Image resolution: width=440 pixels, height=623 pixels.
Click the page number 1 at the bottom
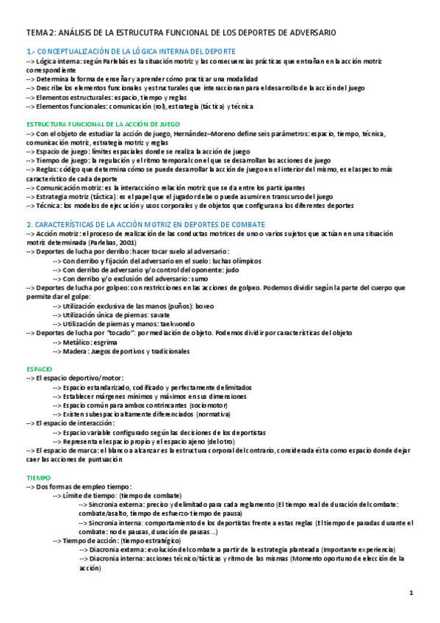click(411, 592)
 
